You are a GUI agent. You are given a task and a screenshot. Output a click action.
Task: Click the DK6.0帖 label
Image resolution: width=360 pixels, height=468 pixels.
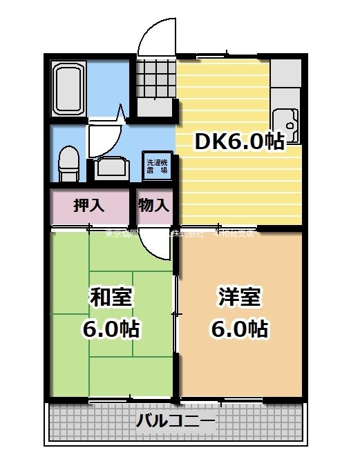tap(239, 142)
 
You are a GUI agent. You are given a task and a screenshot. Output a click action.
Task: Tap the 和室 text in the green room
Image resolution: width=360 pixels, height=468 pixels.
tap(111, 298)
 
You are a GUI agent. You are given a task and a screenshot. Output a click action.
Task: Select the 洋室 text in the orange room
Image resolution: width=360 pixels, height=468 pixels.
tap(239, 298)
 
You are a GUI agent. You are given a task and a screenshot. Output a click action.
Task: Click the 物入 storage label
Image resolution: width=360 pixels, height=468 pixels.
tap(153, 205)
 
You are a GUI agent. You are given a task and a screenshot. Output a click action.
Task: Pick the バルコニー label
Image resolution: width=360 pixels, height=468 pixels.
tap(176, 420)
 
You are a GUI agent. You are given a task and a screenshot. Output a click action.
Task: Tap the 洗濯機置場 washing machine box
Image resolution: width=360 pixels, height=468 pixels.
tap(156, 166)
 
